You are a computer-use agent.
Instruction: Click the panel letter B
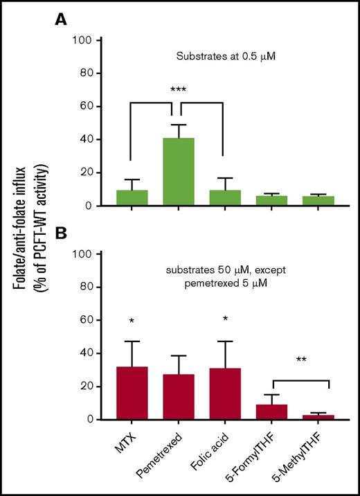62,234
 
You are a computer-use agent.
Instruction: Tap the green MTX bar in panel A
132,197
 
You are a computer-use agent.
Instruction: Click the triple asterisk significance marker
178,90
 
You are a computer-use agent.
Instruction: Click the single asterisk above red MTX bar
132,321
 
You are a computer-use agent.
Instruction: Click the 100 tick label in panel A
84,39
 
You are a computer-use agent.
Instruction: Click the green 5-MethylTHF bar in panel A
318,201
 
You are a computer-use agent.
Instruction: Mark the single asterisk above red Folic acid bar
224,321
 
